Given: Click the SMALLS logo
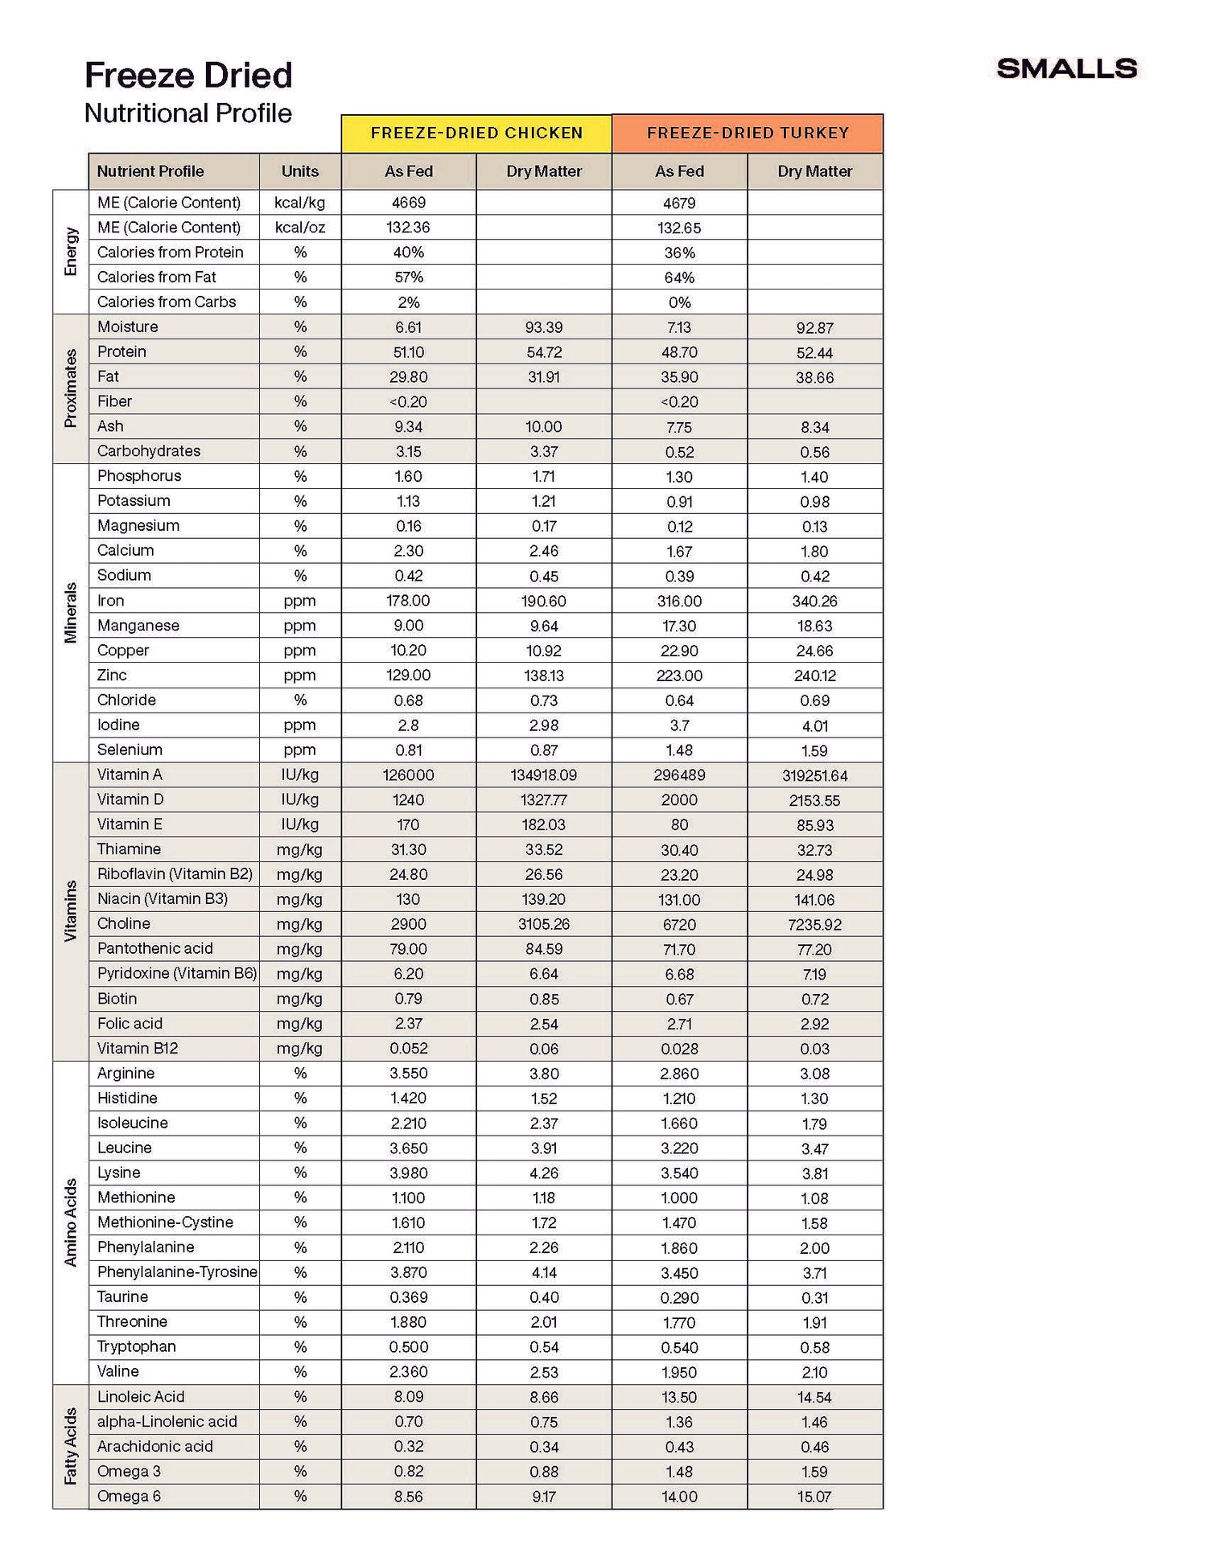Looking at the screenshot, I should pyautogui.click(x=1066, y=68).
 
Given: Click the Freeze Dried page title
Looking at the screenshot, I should pyautogui.click(x=188, y=76).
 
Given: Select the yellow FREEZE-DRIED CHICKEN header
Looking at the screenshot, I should pyautogui.click(x=476, y=134).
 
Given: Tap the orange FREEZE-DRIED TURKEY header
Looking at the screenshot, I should pyautogui.click(x=748, y=134).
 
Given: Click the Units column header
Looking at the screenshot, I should pyautogui.click(x=300, y=171).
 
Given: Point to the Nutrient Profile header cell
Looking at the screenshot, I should pyautogui.click(x=150, y=171).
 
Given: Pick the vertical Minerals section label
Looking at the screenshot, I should pyautogui.click(x=71, y=613).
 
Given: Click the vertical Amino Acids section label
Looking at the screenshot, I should pyautogui.click(x=71, y=1222).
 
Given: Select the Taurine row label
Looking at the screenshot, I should pyautogui.click(x=122, y=1296).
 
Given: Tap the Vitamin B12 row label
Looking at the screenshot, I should pyautogui.click(x=138, y=1048).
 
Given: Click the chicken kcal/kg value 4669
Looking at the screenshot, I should pyautogui.click(x=409, y=203).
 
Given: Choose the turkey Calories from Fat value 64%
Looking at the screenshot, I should pyautogui.click(x=679, y=277).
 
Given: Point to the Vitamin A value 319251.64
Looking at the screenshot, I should pyautogui.click(x=814, y=775).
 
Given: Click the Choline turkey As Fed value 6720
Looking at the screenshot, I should pyautogui.click(x=679, y=924).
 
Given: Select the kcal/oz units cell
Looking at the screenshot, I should pyautogui.click(x=300, y=228).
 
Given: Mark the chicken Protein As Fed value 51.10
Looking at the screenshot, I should pyautogui.click(x=409, y=352).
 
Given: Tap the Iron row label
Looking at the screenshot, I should pyautogui.click(x=110, y=600).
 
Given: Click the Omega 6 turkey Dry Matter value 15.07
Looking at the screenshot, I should pyautogui.click(x=814, y=1497).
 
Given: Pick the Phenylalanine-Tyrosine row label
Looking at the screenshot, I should pyautogui.click(x=177, y=1271).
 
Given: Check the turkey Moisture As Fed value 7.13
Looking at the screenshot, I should pyautogui.click(x=679, y=327).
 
